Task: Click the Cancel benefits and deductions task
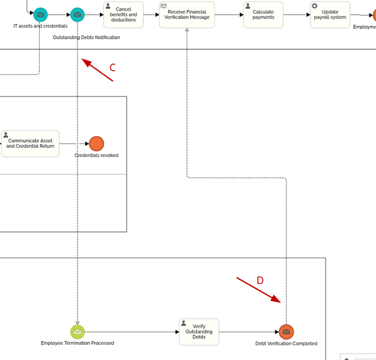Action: pos(123,15)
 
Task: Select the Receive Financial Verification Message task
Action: pos(187,15)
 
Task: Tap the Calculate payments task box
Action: pos(263,15)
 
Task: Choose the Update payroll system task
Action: pos(330,15)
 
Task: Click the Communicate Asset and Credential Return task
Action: pos(31,144)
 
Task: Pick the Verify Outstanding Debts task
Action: pos(199,332)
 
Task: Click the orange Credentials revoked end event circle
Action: pos(96,144)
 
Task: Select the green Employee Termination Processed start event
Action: pos(78,332)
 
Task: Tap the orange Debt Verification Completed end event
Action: pos(286,332)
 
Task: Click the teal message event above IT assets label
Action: pos(40,15)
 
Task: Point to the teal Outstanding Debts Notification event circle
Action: pos(78,15)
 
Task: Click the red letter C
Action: pos(112,68)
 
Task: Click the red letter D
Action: pos(260,281)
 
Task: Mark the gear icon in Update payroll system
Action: pos(315,6)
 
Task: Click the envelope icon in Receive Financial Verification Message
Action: pos(164,6)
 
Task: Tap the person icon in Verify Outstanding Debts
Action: pos(184,324)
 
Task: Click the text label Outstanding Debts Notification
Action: pos(86,38)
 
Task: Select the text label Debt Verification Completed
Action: pos(286,344)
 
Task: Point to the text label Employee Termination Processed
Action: pos(78,343)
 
